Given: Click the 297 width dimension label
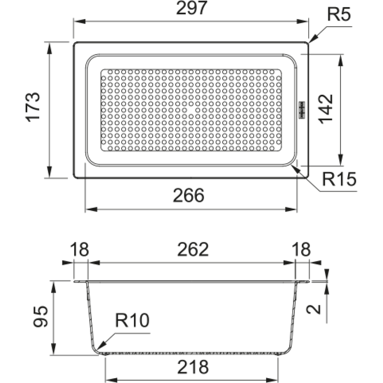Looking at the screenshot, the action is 192,8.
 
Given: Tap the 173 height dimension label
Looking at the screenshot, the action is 33,107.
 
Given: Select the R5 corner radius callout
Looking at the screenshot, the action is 339,14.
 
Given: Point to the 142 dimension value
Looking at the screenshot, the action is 326,109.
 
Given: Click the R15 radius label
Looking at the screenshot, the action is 339,179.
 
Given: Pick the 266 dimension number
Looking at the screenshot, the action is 189,195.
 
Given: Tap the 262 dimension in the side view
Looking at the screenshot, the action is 193,249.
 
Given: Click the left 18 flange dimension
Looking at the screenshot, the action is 79,249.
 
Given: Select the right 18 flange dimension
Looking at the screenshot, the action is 302,249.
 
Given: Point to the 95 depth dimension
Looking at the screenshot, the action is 41,316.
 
